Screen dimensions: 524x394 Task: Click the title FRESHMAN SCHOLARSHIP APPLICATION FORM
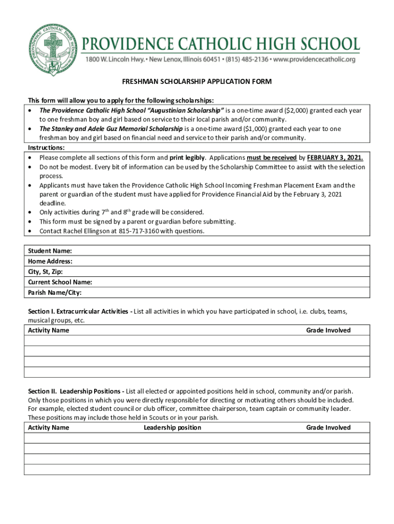[x=196, y=82]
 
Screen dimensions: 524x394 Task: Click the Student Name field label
[x=50, y=251]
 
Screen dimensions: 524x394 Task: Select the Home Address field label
[x=50, y=261]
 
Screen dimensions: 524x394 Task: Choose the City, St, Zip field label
[x=46, y=272]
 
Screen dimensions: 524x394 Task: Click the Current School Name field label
[x=60, y=282]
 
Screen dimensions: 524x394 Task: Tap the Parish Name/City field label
[x=55, y=293]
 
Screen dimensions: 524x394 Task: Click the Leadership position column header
[x=172, y=428]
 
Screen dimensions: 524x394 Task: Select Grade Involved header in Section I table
[x=328, y=331]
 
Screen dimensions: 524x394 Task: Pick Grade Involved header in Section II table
[x=328, y=428]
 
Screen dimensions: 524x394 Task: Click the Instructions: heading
[x=46, y=147]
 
